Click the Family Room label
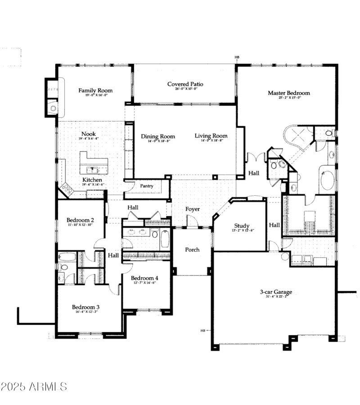pos(95,90)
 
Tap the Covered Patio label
pos(185,84)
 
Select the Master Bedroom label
pos(288,93)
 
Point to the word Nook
pos(88,134)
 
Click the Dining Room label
pos(157,136)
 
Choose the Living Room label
pos(211,136)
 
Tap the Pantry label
pos(147,186)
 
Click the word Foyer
pos(193,209)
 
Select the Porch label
pos(192,250)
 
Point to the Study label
pos(242,226)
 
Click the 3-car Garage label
pos(275,292)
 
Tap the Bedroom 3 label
pos(85,307)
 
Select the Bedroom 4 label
pos(144,278)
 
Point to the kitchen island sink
pos(94,170)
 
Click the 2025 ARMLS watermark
pos(34,387)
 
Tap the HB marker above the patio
pos(237,58)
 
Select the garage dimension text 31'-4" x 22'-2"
pos(275,298)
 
